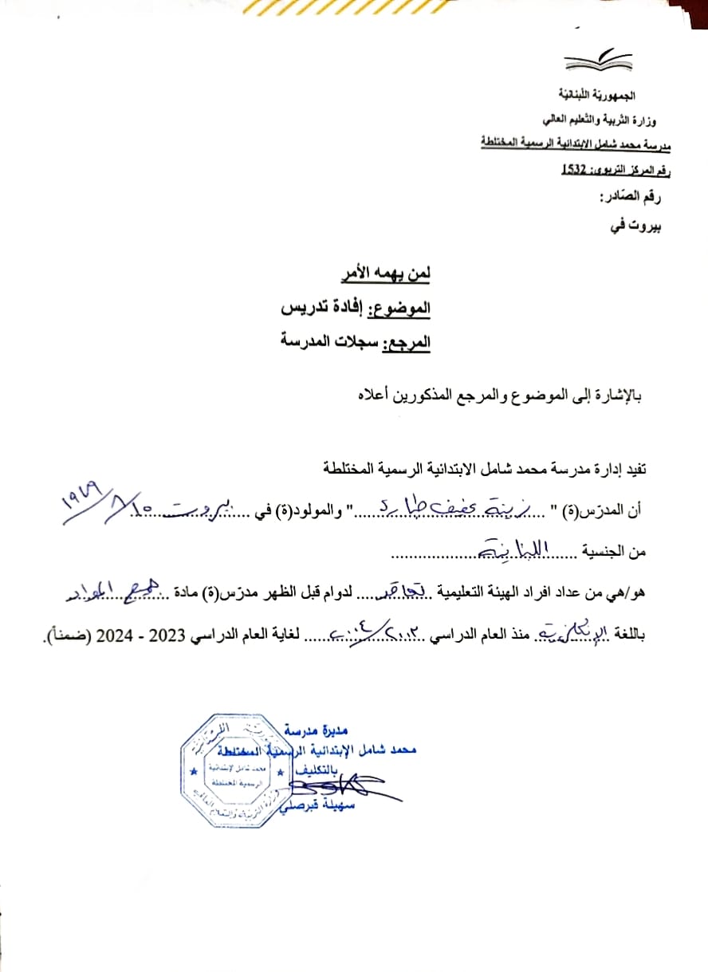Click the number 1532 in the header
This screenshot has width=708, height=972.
pyautogui.click(x=575, y=169)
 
